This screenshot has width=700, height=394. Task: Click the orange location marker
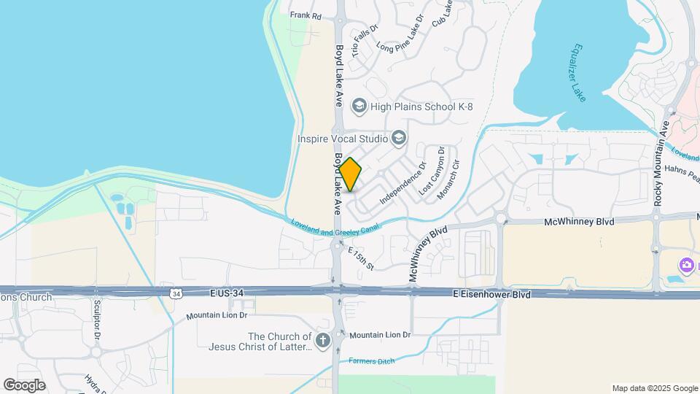pos(350,174)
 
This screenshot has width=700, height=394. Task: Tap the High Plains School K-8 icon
pos(358,107)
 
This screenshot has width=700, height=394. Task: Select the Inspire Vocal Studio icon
pos(398,137)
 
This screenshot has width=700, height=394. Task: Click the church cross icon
pos(322,340)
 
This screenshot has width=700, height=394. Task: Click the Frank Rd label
pos(306,15)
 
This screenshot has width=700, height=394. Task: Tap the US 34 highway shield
pos(175,293)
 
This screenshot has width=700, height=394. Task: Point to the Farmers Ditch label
pos(370,361)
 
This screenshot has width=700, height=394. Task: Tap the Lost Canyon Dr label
pos(432,170)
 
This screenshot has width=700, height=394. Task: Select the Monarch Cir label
pos(448,180)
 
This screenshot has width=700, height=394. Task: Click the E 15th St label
pos(360,258)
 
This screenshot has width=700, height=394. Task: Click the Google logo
pos(24,385)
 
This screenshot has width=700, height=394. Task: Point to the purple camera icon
pos(686,265)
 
